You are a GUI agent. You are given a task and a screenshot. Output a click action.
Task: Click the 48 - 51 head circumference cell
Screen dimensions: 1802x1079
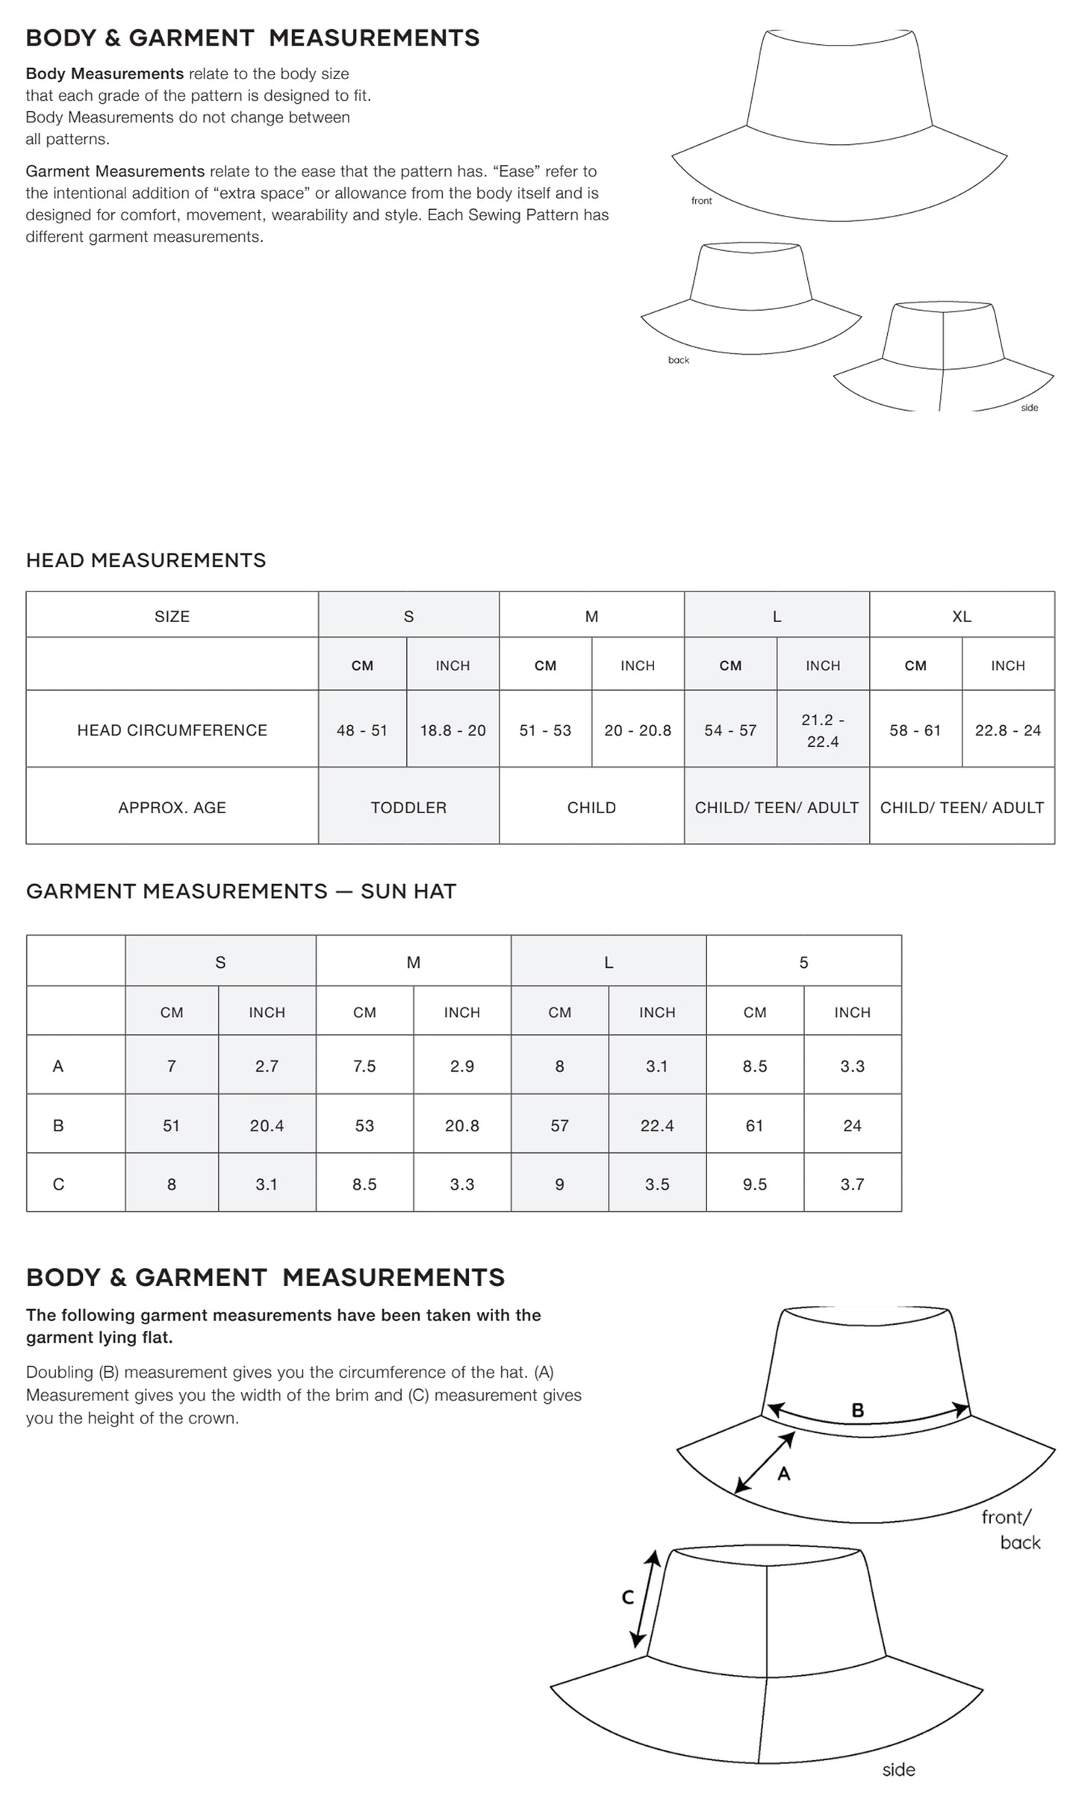362,730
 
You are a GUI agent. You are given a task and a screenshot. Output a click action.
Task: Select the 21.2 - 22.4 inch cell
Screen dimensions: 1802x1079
823,730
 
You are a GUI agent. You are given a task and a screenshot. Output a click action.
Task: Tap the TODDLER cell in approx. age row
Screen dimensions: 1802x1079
408,807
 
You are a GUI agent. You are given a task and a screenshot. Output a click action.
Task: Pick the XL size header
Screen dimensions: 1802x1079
962,616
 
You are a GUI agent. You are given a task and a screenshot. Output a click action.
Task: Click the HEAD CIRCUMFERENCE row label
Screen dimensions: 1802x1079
172,730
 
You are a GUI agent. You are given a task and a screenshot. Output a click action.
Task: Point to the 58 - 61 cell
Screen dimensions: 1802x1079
915,730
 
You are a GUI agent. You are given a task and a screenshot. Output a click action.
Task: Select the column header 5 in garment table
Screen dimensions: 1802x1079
803,963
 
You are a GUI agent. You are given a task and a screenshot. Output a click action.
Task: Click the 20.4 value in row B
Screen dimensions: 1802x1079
267,1125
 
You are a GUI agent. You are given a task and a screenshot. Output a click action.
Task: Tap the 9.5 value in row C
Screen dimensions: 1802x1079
755,1184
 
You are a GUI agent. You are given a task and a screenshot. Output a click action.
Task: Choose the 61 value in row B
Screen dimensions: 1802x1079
755,1125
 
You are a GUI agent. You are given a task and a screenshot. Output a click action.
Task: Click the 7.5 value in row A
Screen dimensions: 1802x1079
364,1066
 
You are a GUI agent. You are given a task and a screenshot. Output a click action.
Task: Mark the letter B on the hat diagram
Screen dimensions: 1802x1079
858,1410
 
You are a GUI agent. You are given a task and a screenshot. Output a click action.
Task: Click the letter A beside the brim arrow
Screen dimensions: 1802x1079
784,1473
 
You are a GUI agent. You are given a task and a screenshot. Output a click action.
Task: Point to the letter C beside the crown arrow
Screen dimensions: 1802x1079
628,1597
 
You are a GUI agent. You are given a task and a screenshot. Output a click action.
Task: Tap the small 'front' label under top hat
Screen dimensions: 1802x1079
701,201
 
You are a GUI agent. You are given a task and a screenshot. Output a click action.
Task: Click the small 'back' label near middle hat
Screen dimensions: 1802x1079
679,360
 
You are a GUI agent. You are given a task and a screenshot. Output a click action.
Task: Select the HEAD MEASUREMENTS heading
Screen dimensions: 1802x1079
146,560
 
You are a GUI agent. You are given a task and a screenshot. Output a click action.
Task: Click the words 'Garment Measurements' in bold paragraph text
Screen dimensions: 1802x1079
115,171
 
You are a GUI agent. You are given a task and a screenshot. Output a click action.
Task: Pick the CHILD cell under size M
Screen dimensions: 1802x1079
591,807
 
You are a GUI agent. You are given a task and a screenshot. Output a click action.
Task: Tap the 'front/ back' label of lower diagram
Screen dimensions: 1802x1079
1010,1529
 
